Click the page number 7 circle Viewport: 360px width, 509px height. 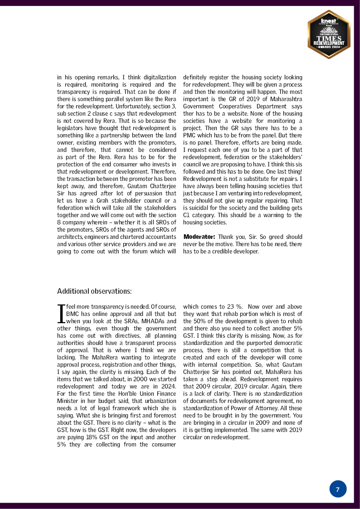pyautogui.click(x=338, y=489)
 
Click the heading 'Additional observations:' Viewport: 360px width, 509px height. pyautogui.click(x=94, y=291)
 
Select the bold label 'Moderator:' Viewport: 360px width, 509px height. pyautogui.click(x=199, y=237)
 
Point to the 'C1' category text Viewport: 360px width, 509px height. pyautogui.click(x=187, y=215)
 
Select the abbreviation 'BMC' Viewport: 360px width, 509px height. pyautogui.click(x=73, y=314)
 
